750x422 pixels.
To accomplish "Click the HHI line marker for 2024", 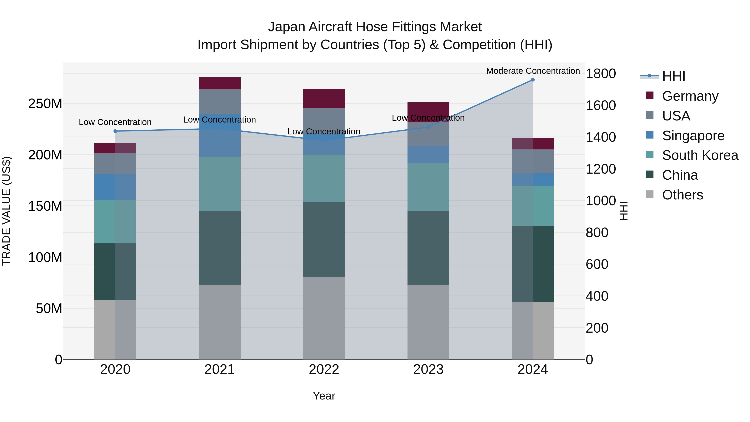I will tap(532, 80).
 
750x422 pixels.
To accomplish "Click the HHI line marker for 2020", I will tap(115, 131).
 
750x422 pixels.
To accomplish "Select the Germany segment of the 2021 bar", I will tap(220, 83).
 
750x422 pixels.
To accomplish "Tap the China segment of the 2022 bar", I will tap(324, 239).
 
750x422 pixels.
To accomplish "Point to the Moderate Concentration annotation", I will tap(533, 71).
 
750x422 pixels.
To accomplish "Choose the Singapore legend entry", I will tap(693, 136).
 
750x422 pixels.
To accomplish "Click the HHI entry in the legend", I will tap(673, 76).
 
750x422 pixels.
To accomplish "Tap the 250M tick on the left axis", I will tap(45, 104).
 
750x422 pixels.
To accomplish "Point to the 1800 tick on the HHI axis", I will tap(600, 74).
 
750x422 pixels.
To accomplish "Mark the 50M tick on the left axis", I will tap(49, 308).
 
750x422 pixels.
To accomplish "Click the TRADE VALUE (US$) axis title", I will tap(6, 211).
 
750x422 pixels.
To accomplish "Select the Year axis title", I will tap(324, 396).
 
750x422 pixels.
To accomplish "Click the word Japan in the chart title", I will tap(287, 27).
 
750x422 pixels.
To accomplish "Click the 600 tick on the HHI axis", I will tap(597, 264).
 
